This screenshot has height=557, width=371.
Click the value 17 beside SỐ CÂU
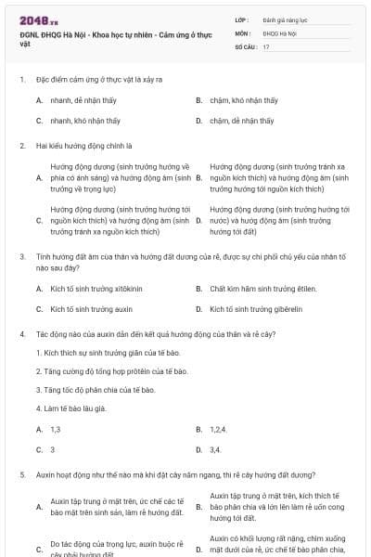coord(266,46)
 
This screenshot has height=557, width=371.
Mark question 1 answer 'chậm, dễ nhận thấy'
coord(241,121)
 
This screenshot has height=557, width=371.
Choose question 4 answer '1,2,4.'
coord(219,430)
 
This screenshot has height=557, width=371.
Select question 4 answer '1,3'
coord(56,430)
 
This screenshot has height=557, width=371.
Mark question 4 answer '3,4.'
coord(215,449)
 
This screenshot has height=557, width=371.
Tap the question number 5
coord(21,474)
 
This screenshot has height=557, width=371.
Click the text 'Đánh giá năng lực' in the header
coord(284,19)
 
